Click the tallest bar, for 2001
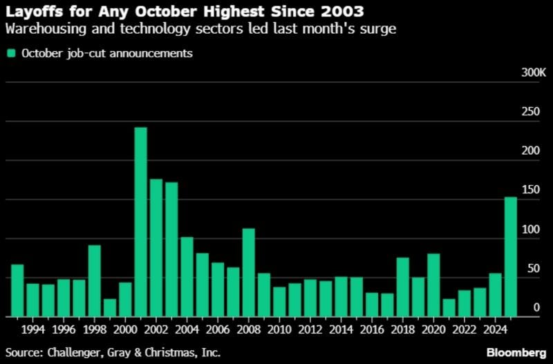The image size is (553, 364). pos(140,222)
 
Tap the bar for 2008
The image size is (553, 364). pos(248,272)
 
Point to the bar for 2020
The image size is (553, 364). pos(433,285)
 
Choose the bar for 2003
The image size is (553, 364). pos(171,249)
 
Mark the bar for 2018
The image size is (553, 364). pos(403,287)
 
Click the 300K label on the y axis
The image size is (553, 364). pos(532,73)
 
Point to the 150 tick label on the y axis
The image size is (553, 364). pos(530,190)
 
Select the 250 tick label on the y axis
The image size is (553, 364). pos(530,112)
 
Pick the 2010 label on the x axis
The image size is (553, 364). pos(279,329)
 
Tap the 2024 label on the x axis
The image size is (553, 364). pos(495,329)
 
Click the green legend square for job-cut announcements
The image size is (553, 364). pos(11,53)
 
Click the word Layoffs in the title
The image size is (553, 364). pos(33,12)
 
